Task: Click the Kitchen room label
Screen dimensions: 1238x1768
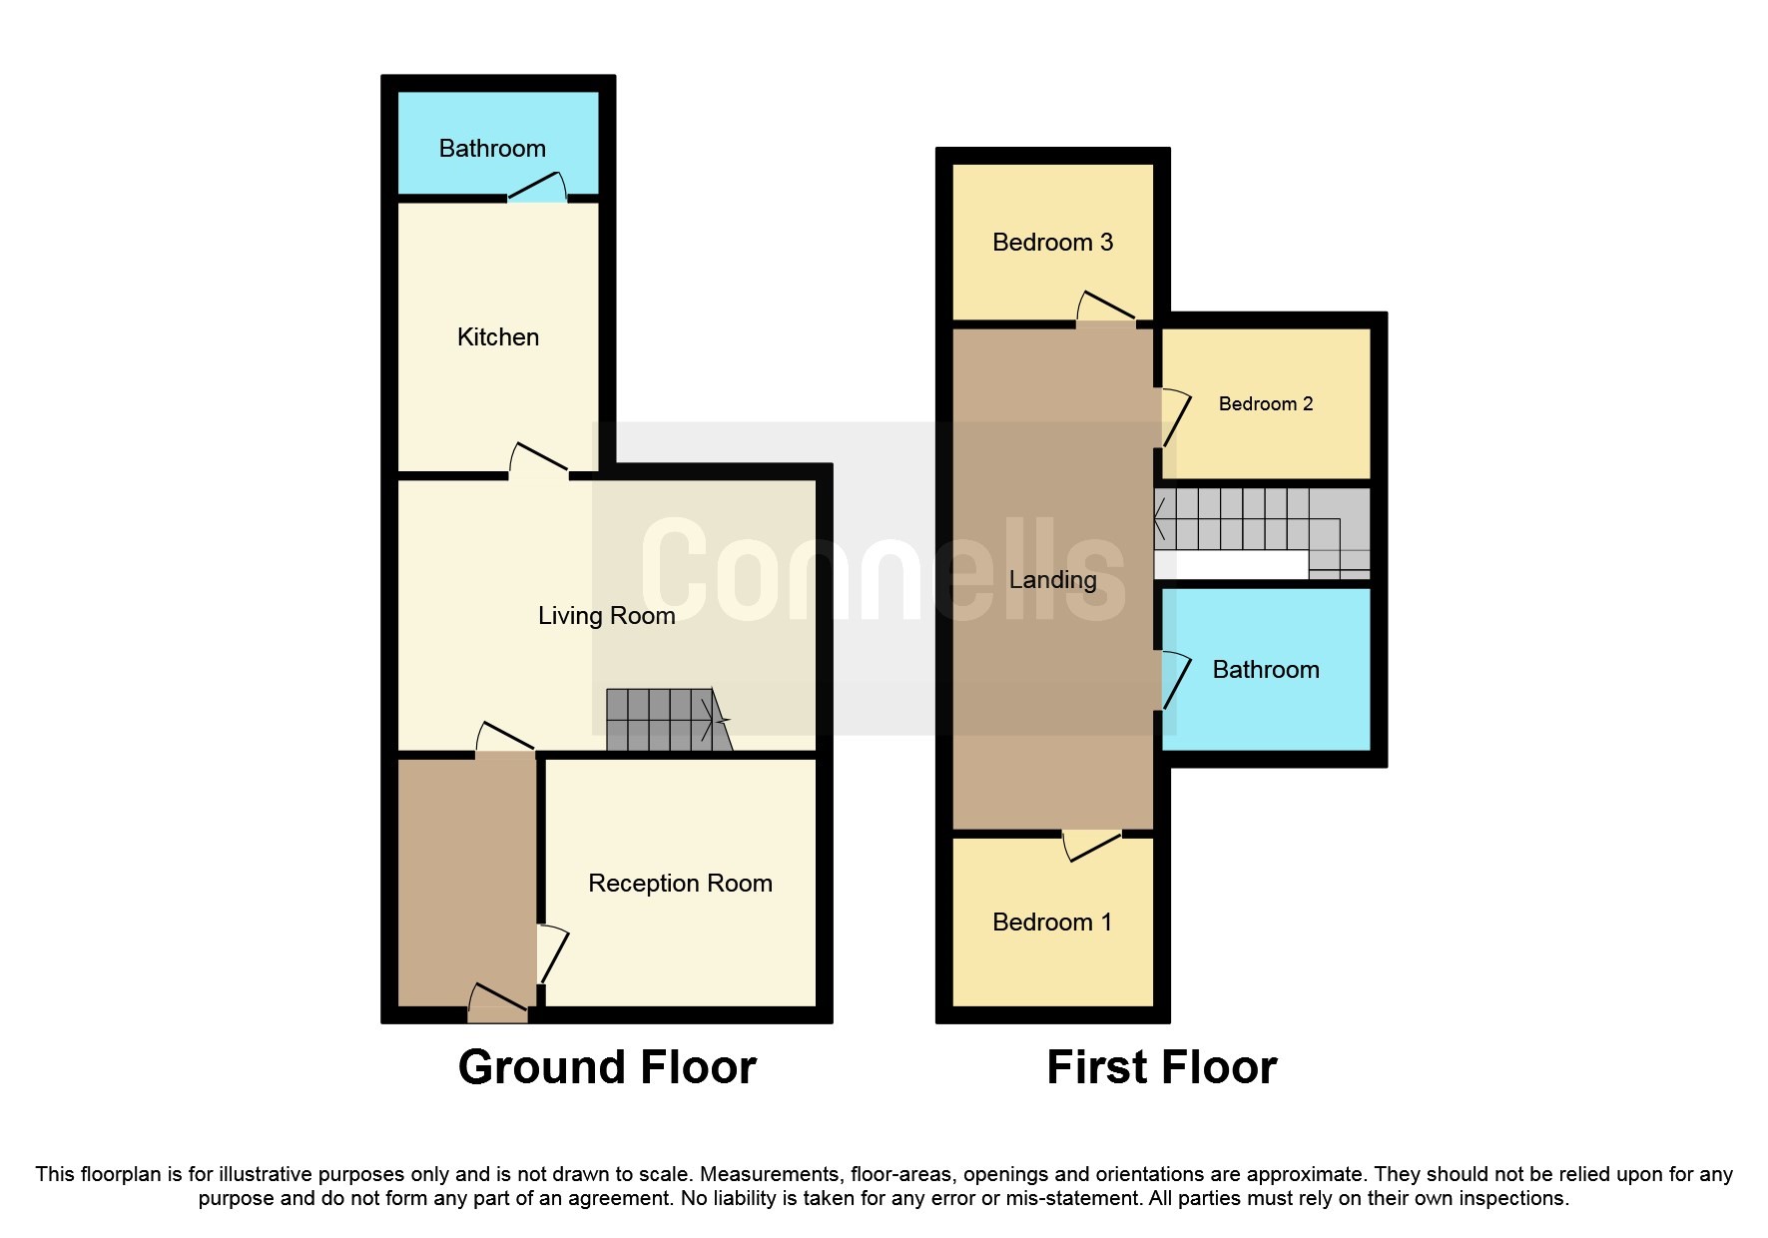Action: click(497, 337)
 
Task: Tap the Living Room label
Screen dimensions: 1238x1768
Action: click(606, 616)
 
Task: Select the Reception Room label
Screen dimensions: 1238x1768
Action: click(680, 884)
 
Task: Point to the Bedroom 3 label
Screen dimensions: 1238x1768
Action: click(1052, 243)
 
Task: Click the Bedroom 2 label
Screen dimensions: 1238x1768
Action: click(1265, 404)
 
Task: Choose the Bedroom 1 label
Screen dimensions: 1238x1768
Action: click(1052, 923)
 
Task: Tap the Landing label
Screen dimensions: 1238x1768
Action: click(1052, 580)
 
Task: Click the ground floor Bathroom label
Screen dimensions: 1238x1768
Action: click(492, 149)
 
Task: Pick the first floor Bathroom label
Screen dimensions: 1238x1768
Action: click(1265, 670)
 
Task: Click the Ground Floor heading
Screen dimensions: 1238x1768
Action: click(607, 1067)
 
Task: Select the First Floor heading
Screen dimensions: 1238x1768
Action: click(1161, 1067)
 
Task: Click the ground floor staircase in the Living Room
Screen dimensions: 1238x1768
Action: click(664, 720)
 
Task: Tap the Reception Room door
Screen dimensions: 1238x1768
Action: click(551, 954)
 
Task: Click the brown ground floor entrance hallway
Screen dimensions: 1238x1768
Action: click(466, 879)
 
